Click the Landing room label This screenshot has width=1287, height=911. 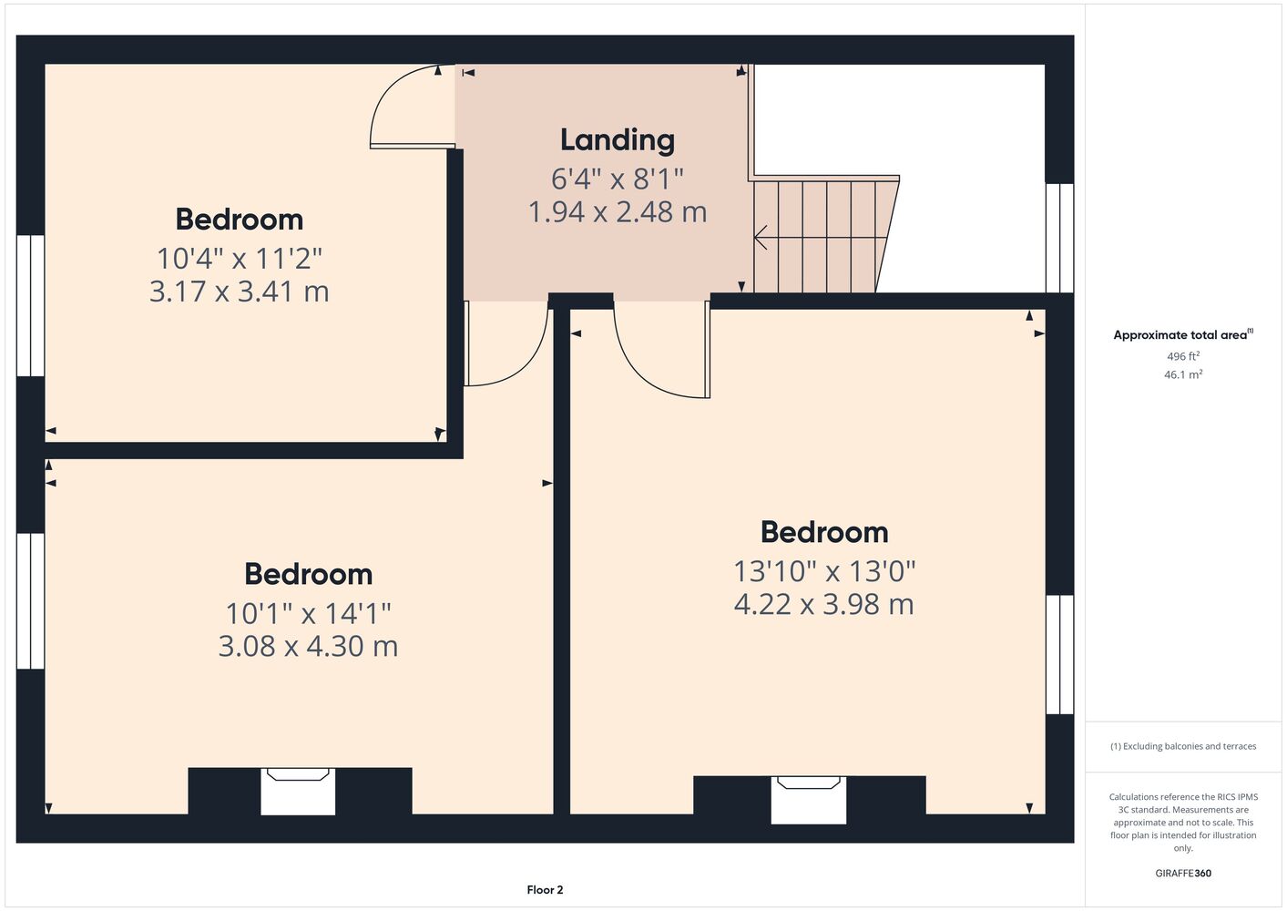618,140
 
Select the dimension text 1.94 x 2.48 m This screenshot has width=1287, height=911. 618,211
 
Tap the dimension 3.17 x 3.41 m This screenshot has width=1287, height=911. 239,291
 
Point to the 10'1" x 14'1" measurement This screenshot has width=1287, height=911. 309,613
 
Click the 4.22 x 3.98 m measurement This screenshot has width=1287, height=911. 824,604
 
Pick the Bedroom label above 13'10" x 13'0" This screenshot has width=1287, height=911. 824,532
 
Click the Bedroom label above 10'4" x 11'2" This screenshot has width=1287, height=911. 239,220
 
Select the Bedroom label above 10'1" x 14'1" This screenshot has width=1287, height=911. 309,574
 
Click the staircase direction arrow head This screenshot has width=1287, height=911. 761,238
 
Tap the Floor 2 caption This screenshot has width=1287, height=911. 545,890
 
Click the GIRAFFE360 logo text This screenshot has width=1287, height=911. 1183,873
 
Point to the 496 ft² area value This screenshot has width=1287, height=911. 1183,356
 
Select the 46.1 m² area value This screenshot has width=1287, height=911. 1183,374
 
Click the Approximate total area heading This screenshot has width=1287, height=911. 1183,335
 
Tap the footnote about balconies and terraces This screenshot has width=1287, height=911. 1183,746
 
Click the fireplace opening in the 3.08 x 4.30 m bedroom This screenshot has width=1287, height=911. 298,792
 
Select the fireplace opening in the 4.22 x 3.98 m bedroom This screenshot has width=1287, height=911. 809,800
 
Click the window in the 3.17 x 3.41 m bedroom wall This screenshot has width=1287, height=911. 30,306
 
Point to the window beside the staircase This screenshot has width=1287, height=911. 1059,238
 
